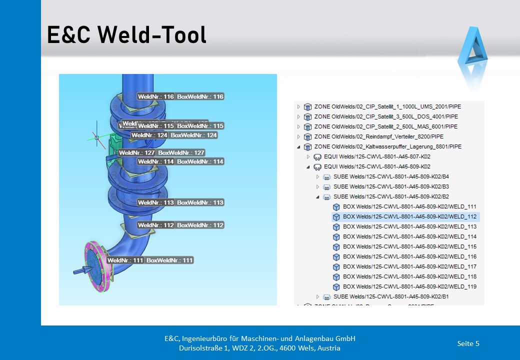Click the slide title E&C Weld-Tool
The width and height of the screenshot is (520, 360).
[126, 35]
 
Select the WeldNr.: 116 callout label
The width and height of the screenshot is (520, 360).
[156, 96]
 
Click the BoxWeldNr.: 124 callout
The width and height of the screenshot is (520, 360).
[194, 135]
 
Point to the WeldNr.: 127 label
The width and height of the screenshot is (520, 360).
[137, 152]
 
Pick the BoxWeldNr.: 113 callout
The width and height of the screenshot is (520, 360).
[200, 202]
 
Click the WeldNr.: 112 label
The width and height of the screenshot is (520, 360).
[156, 225]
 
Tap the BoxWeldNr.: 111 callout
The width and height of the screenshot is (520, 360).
[169, 260]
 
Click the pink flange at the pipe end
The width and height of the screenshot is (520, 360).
[95, 269]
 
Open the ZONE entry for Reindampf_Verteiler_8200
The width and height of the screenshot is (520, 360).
[378, 136]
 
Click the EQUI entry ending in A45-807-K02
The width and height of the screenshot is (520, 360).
[377, 156]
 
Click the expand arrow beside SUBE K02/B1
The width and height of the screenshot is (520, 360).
[317, 296]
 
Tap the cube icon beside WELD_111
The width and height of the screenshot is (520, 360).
[336, 206]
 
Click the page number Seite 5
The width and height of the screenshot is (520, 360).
[468, 343]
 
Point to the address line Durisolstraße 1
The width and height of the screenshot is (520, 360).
[260, 348]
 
